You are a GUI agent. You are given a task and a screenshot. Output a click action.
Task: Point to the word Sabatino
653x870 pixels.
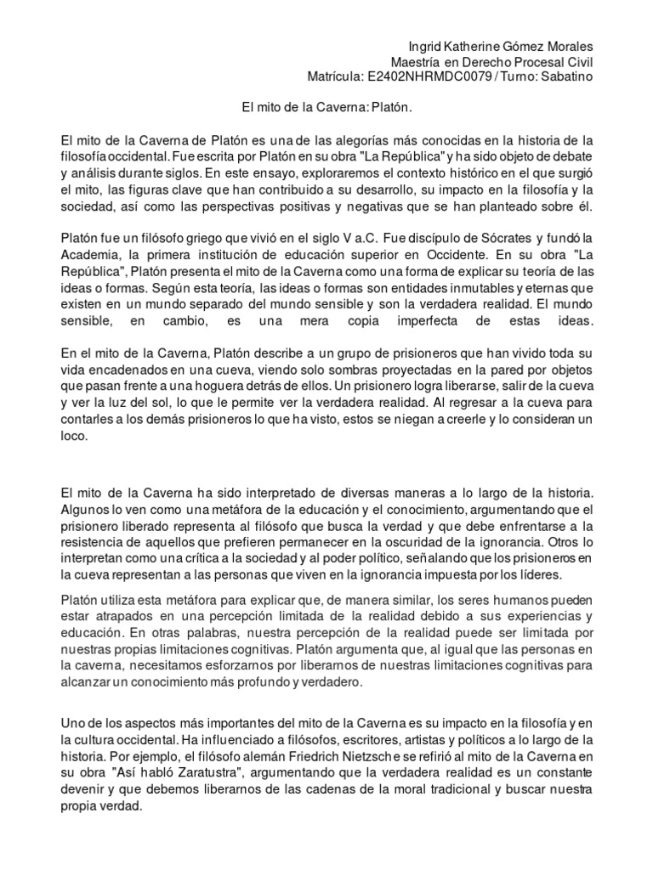[566, 77]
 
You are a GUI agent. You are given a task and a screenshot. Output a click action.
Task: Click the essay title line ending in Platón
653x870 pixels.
[326, 108]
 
